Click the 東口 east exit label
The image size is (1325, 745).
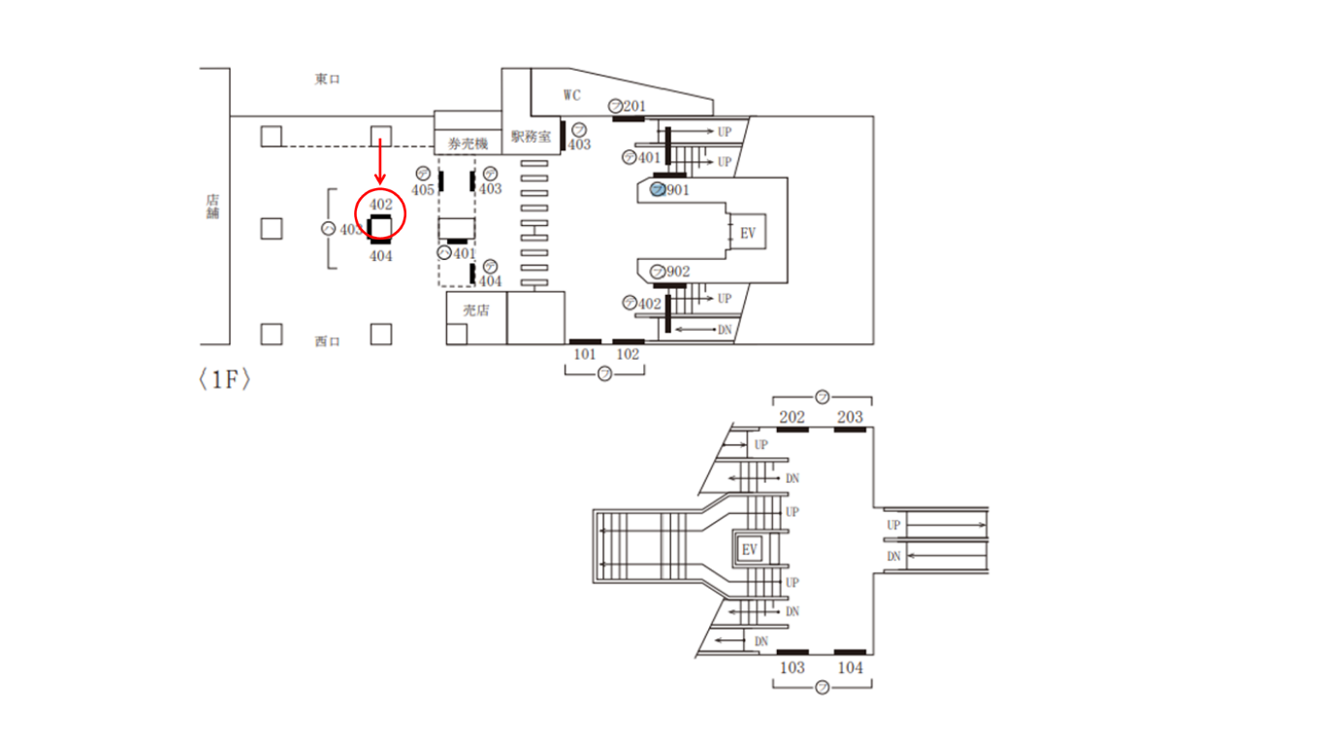point(327,80)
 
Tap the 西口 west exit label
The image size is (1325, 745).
point(327,341)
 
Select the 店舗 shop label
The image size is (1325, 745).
point(212,207)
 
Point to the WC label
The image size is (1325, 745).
point(572,94)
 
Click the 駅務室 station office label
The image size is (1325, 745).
point(531,137)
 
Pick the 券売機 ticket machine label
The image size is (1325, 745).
point(468,144)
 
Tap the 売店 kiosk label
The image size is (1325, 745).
point(475,310)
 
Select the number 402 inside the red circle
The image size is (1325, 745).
point(380,205)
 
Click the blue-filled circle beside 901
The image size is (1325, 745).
point(657,189)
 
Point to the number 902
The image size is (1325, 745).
point(678,272)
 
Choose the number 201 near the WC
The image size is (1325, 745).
point(634,105)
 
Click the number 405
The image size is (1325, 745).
point(423,190)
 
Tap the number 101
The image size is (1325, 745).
point(584,354)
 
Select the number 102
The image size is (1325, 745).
point(629,354)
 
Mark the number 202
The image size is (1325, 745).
point(792,417)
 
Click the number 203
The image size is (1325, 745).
point(850,417)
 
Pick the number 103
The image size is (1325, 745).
point(792,667)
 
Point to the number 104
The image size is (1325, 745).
point(850,667)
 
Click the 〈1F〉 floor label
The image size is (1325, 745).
point(225,380)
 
